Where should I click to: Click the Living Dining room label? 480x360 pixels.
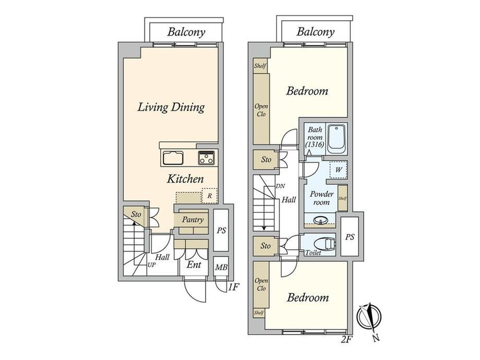(x=171, y=107)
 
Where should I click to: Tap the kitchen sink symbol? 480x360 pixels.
(x=173, y=158)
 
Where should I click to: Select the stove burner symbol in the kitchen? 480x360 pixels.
(x=206, y=158)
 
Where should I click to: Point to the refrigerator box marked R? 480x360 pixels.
(x=210, y=196)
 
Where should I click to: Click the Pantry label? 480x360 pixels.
(x=193, y=220)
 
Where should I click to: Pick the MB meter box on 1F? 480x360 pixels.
(x=221, y=267)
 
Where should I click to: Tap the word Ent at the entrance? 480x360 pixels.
(x=194, y=265)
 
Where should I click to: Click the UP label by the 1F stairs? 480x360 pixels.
(x=151, y=265)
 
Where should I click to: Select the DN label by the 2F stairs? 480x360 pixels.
(x=280, y=186)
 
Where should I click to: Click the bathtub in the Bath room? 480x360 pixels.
(x=337, y=140)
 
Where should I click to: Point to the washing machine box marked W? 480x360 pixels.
(x=338, y=169)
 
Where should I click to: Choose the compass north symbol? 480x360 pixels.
(x=369, y=318)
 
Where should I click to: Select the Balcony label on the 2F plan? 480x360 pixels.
(x=315, y=31)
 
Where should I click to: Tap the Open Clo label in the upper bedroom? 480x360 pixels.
(x=261, y=110)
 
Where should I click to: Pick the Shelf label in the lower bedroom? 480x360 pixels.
(x=259, y=313)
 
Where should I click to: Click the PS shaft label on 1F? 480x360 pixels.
(x=221, y=230)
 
